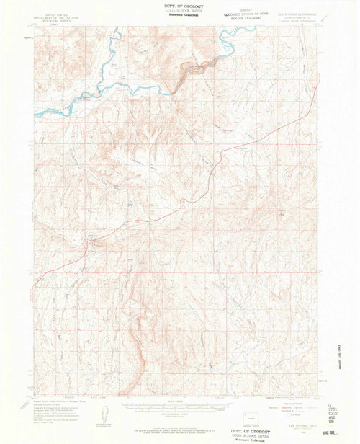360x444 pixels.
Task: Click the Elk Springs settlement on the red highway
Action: (x=91, y=243)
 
